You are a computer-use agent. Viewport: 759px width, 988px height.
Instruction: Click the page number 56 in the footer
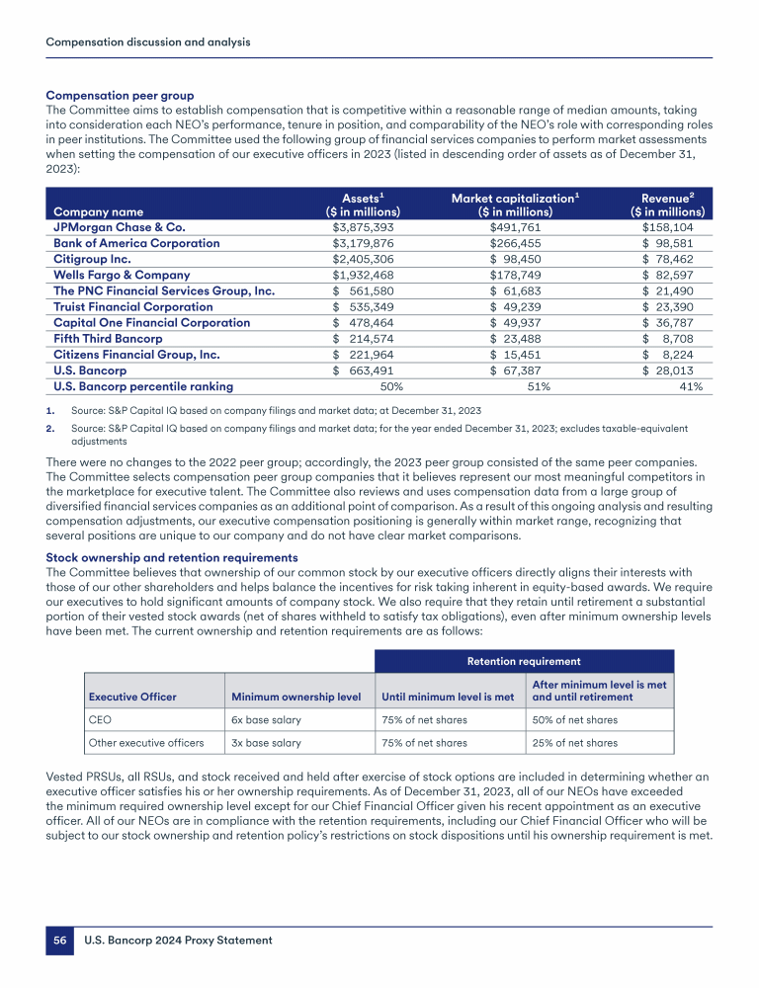[59, 941]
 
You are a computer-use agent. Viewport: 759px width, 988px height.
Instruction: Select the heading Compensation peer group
[120, 96]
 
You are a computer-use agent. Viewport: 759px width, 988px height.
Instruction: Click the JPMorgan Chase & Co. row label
[119, 227]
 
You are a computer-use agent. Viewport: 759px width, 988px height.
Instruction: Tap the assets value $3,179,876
[366, 243]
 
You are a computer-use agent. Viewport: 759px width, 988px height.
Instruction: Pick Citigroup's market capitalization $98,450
[515, 259]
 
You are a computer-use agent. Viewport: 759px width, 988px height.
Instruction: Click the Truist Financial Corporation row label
[132, 306]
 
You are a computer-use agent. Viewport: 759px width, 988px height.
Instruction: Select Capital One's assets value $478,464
[366, 322]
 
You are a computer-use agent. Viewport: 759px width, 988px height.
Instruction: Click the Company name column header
[98, 211]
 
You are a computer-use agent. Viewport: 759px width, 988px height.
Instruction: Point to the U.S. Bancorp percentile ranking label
[143, 386]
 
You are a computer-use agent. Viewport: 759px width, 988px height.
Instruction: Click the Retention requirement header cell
[524, 661]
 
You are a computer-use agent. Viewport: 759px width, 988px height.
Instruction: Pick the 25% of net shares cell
[575, 743]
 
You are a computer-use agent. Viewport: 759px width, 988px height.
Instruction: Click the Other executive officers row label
[146, 743]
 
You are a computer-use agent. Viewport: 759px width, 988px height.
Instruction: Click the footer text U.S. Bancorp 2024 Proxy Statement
[177, 941]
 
